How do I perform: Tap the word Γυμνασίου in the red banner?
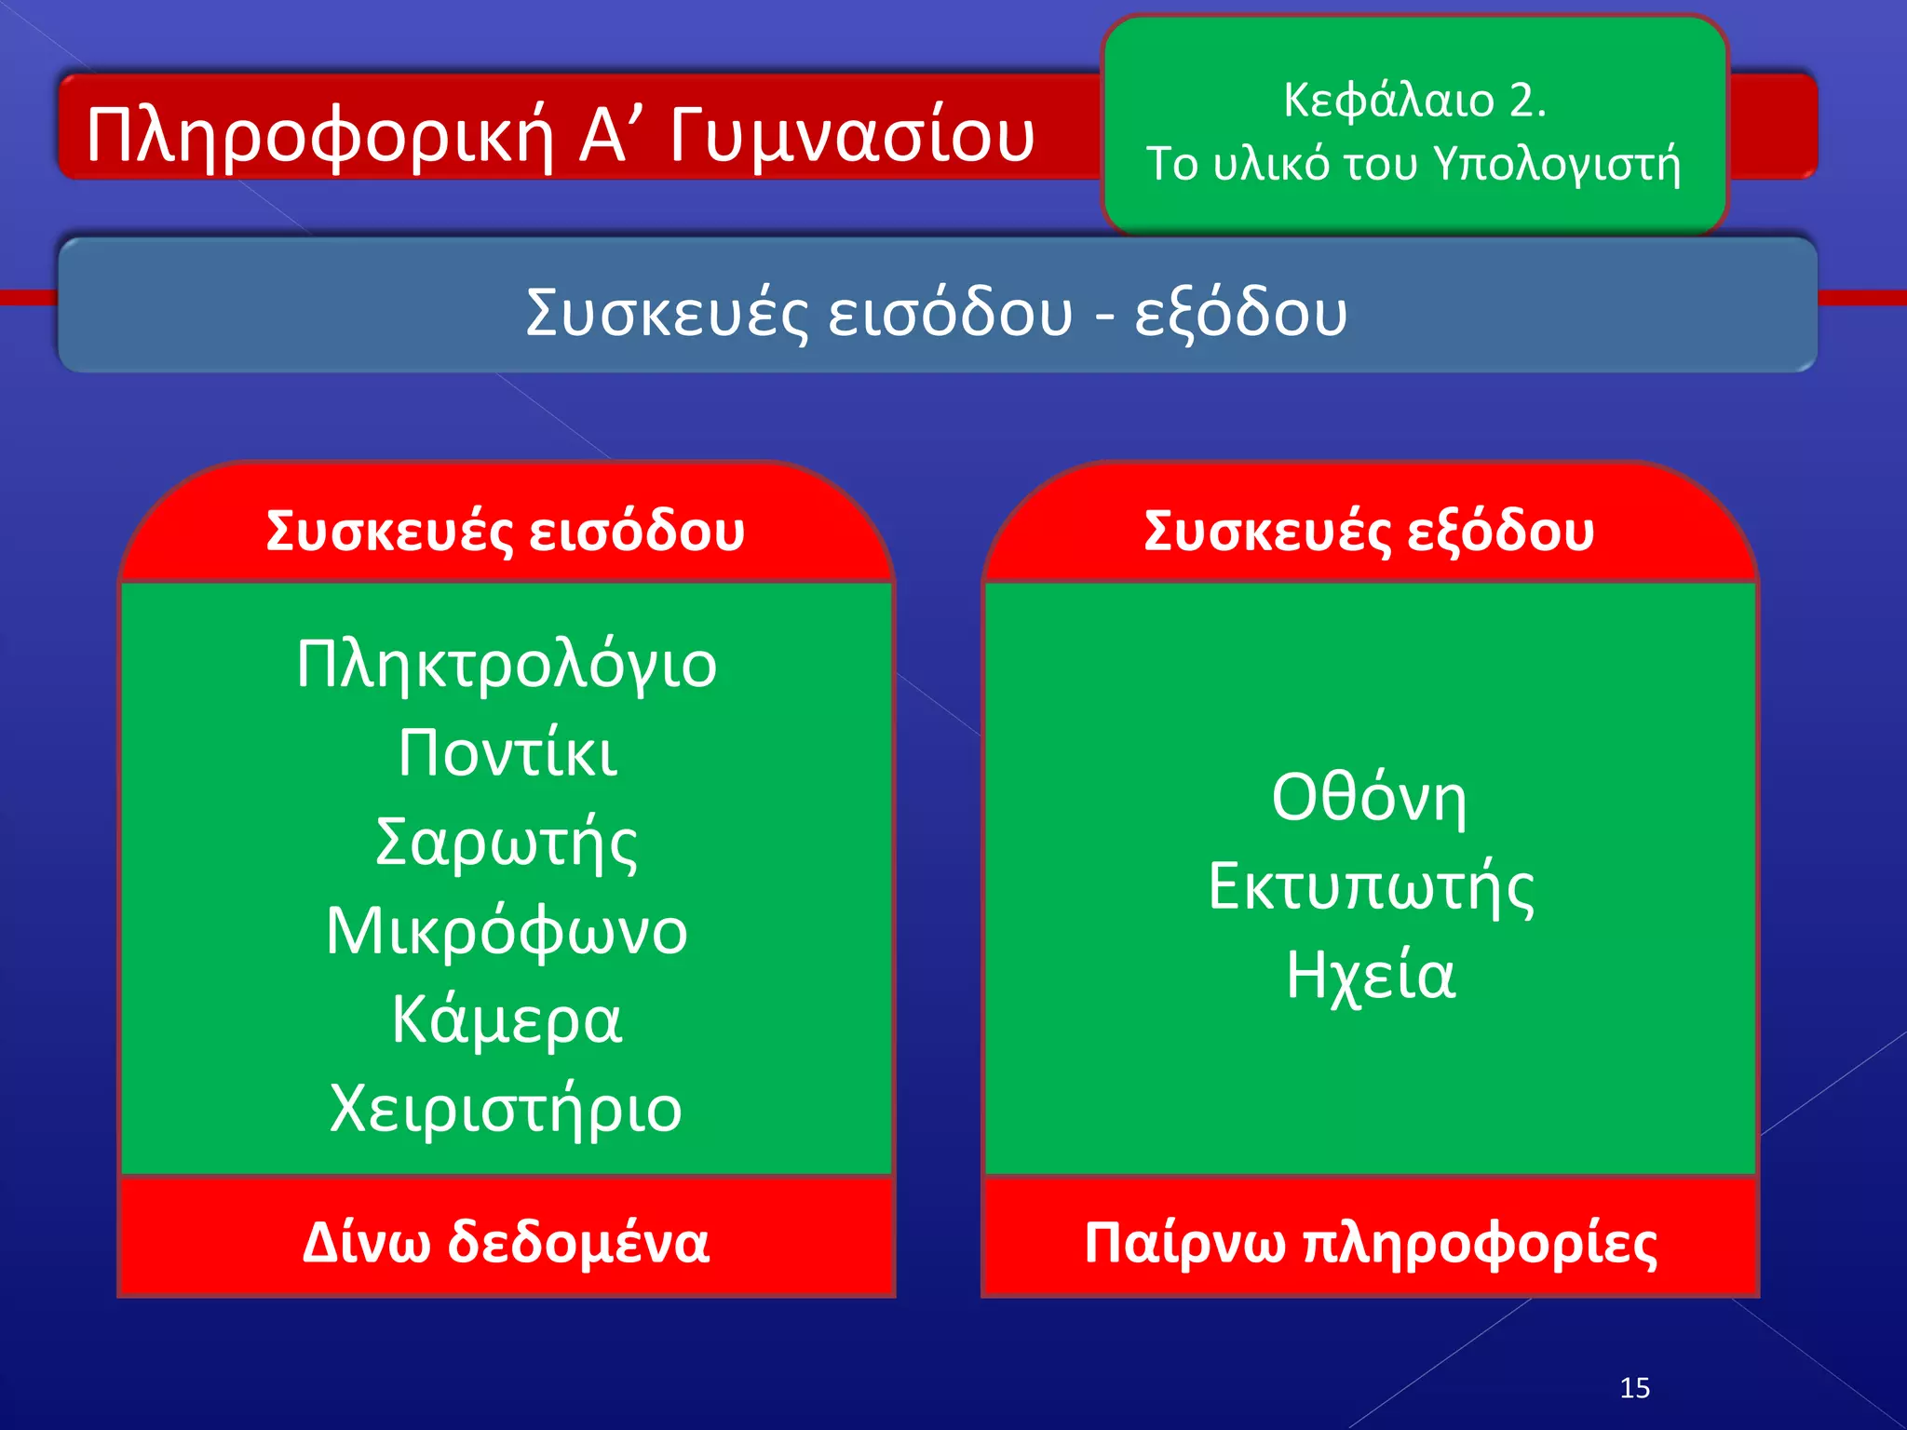tap(851, 135)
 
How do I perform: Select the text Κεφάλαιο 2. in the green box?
tap(1414, 100)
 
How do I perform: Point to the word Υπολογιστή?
tap(1557, 165)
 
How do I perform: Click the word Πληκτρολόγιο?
tap(507, 666)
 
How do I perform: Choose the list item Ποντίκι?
tap(507, 753)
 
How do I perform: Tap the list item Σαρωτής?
tap(507, 843)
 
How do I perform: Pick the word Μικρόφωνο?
tap(507, 931)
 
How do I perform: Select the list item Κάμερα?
tap(507, 1019)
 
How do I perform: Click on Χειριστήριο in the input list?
tap(507, 1109)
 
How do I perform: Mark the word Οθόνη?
tap(1369, 798)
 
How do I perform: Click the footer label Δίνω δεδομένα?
tap(507, 1242)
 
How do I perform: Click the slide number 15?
tap(1634, 1388)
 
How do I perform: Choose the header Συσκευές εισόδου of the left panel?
tap(506, 532)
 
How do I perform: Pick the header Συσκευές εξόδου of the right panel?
tap(1369, 532)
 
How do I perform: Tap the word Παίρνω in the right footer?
tap(1184, 1244)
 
